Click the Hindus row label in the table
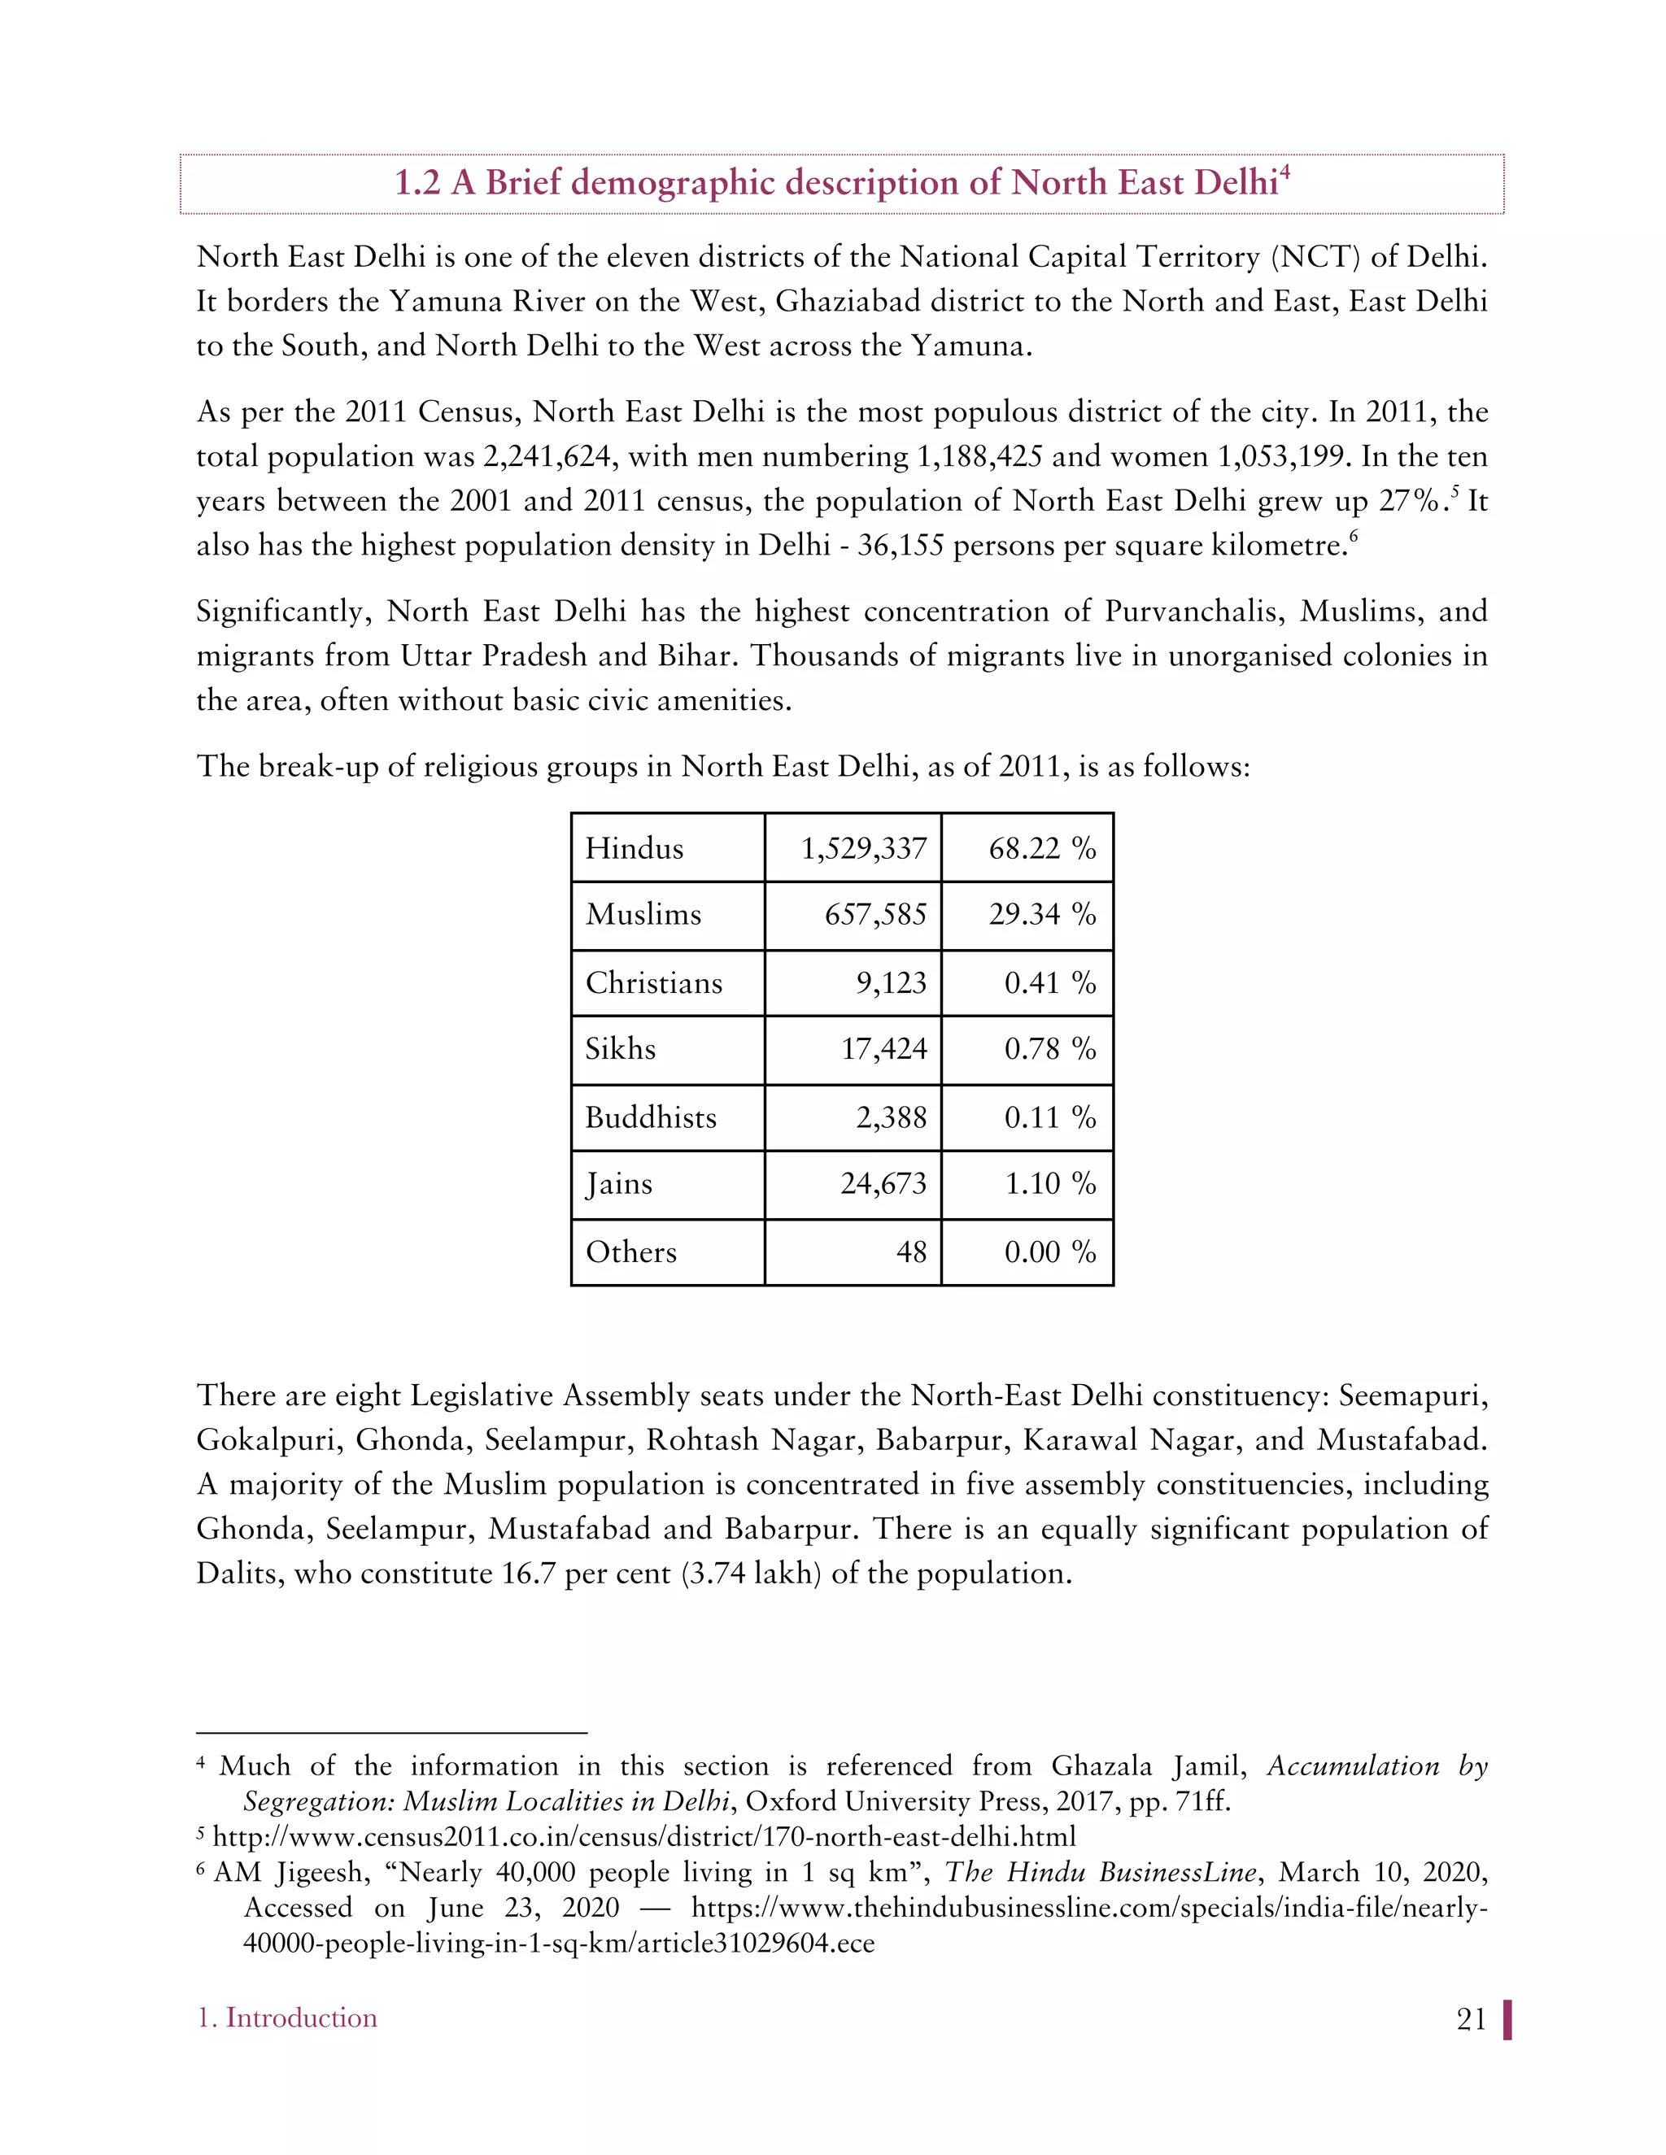click(x=634, y=848)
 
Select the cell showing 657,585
click(x=875, y=915)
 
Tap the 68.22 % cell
click(x=1041, y=848)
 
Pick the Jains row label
click(x=618, y=1183)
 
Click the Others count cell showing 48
click(x=910, y=1252)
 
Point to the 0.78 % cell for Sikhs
click(x=1049, y=1049)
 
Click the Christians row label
click(x=653, y=983)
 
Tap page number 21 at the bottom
click(x=1471, y=2020)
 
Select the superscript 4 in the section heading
click(x=1285, y=172)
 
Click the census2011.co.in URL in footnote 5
click(x=643, y=1836)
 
